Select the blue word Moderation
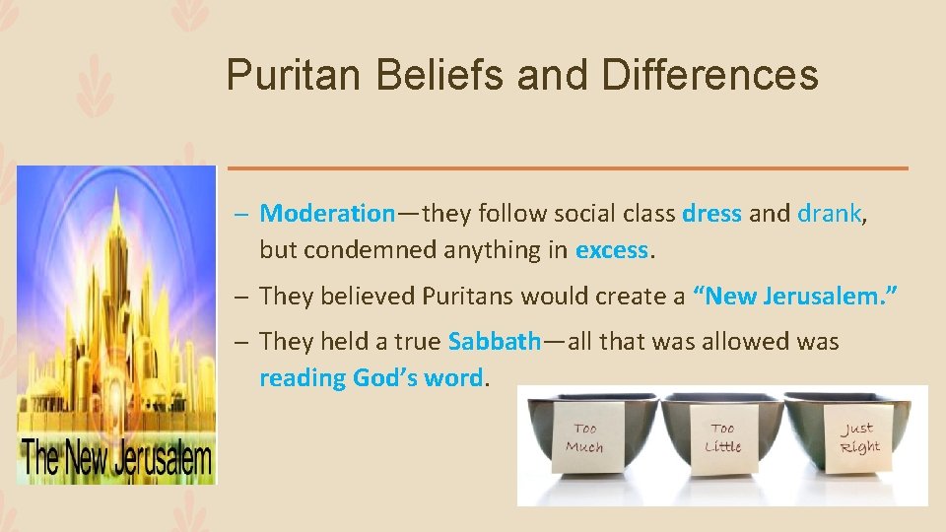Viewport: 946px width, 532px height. pos(327,214)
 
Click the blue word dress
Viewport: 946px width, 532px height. pos(711,214)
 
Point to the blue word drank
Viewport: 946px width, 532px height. pos(829,214)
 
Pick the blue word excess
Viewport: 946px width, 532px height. pos(612,250)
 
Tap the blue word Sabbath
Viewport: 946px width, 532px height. pos(494,342)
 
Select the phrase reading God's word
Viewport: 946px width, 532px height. pos(372,378)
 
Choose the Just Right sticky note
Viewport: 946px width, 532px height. pos(858,436)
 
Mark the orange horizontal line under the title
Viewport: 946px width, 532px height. pos(568,168)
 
